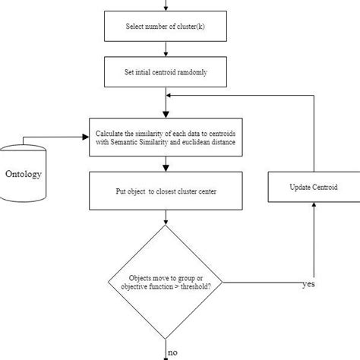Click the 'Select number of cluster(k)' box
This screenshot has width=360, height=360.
[x=165, y=27]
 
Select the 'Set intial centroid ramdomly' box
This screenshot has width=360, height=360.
[x=165, y=72]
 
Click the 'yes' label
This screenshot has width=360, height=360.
[x=309, y=284]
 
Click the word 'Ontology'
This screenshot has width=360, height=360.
[x=24, y=174]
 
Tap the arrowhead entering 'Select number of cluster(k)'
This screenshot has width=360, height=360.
[x=165, y=8]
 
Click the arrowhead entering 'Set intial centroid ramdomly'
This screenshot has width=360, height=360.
[x=165, y=54]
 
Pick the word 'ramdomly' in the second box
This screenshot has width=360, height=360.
[x=190, y=72]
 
